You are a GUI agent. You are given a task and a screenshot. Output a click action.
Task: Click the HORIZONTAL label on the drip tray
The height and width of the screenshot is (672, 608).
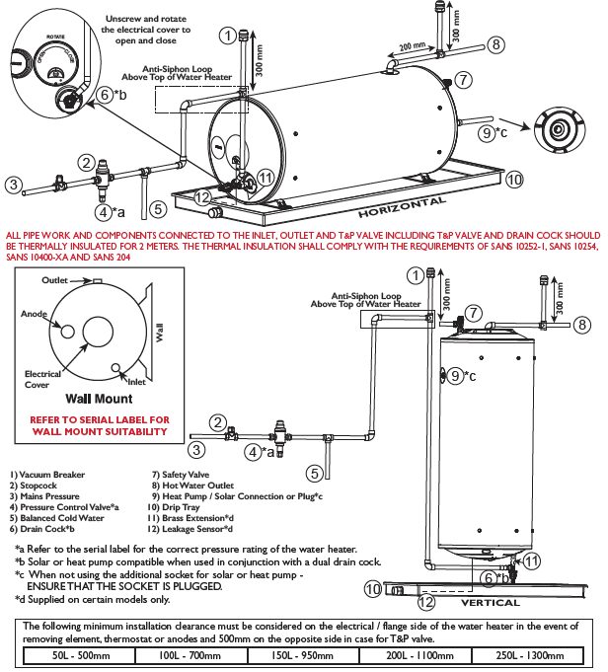pos(402,207)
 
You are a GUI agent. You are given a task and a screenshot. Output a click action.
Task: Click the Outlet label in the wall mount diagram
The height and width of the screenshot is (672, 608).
pos(55,281)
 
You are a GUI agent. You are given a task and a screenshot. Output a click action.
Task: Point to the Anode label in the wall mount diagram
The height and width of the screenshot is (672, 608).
pos(35,314)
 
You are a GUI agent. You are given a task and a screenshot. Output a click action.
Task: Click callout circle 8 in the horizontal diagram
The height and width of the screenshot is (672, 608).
pos(495,44)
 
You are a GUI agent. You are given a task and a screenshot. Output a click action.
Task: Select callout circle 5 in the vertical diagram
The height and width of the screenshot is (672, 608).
pos(314,473)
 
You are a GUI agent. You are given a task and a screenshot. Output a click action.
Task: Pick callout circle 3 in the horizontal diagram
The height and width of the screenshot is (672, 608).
pos(13,184)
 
